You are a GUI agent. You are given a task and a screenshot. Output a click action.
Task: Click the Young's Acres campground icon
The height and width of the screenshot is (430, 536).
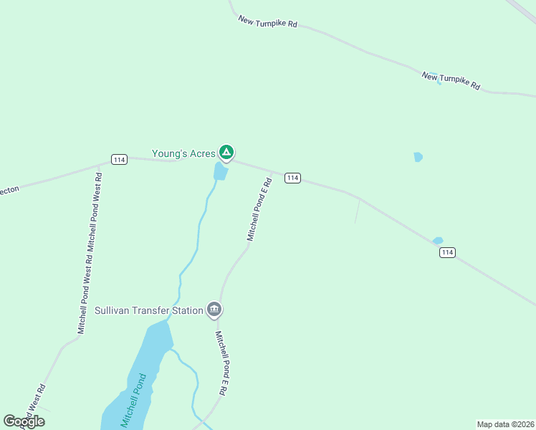(226, 152)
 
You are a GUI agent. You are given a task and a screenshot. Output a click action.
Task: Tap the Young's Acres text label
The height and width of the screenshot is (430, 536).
(183, 153)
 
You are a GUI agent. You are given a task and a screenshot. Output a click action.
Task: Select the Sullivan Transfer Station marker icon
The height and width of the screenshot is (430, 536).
(214, 310)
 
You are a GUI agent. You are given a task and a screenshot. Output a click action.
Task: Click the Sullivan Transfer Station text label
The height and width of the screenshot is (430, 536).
(148, 311)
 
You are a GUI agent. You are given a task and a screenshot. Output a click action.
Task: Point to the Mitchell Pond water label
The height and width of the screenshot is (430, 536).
(133, 398)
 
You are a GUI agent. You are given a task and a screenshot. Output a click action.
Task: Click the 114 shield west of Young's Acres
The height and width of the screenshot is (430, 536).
(119, 159)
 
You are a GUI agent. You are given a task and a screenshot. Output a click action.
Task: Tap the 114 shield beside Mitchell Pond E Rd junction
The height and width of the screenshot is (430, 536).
(292, 178)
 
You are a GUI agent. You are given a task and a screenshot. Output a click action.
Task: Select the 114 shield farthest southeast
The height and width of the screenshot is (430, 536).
(447, 252)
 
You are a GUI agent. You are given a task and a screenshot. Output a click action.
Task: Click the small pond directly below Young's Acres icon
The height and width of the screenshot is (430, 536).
(221, 171)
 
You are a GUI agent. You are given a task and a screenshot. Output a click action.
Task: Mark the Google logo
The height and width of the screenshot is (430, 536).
(24, 421)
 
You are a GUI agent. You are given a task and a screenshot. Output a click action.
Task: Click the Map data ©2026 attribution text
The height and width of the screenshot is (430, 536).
(505, 424)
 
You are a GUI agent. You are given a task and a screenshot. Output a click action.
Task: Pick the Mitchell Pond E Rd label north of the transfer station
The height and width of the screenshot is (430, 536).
(259, 209)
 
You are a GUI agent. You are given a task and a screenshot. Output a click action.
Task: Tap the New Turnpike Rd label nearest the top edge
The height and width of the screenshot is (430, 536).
(267, 21)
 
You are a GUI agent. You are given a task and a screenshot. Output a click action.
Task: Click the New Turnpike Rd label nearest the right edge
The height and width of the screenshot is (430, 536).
(451, 80)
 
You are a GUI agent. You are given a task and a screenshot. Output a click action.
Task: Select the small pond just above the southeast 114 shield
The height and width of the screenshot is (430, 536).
(437, 241)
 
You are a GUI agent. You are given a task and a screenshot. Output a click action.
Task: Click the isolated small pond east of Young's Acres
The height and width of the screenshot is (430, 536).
(418, 157)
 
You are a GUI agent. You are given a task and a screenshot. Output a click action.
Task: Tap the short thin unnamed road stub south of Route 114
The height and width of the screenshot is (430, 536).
(357, 211)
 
